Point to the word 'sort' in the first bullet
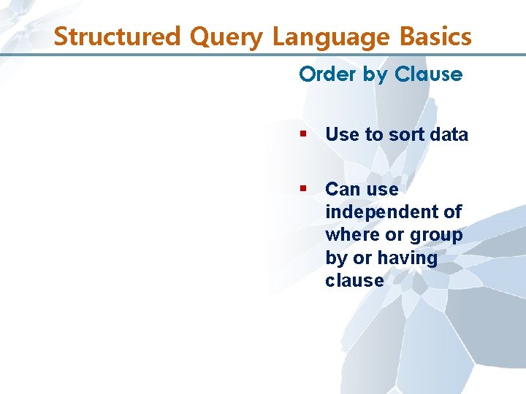click(x=404, y=135)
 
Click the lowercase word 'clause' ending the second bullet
click(x=354, y=281)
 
